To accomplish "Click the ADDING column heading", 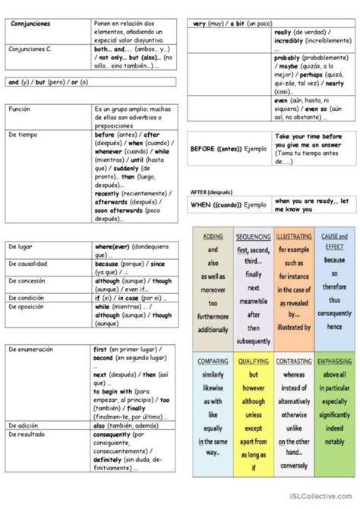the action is pyautogui.click(x=213, y=236).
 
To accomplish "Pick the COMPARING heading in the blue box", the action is pyautogui.click(x=213, y=362).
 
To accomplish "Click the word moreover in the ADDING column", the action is pyautogui.click(x=213, y=289).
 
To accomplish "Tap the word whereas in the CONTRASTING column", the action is pyautogui.click(x=293, y=375).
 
